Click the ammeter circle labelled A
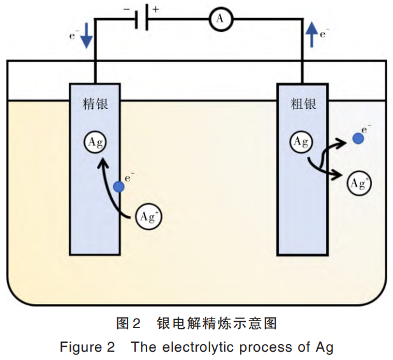point(221,20)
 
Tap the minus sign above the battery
point(126,10)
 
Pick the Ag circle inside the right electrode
point(301,141)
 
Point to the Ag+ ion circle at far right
point(359,184)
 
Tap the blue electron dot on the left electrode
point(118,187)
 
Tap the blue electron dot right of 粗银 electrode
point(359,137)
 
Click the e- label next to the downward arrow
point(74,36)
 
